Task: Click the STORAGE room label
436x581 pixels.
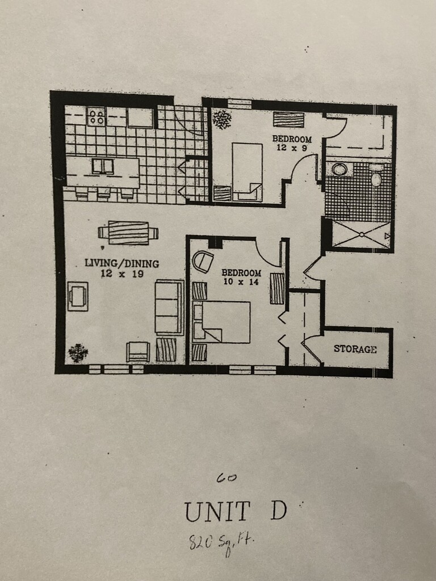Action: (x=355, y=349)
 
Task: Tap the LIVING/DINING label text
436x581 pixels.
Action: (x=121, y=263)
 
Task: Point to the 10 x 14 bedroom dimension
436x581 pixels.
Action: (x=241, y=281)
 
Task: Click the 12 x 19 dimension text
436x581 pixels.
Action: (x=121, y=273)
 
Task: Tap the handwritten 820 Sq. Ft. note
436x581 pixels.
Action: (x=221, y=543)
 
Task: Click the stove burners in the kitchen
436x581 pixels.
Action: (x=97, y=117)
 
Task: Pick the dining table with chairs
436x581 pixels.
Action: (x=128, y=233)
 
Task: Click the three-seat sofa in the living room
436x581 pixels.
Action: (x=169, y=307)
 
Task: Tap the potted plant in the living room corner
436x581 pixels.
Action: (x=78, y=353)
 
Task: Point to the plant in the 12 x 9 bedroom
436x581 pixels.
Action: (x=222, y=119)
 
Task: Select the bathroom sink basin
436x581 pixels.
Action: (x=340, y=169)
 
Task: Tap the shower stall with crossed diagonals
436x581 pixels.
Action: (x=361, y=235)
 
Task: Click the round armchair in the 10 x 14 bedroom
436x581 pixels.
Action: (x=203, y=262)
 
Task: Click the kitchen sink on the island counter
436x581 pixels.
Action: (x=103, y=166)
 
